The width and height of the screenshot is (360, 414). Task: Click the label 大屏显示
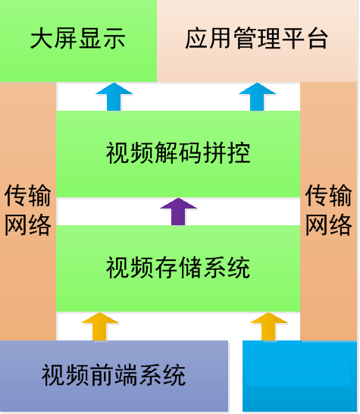[x=78, y=39]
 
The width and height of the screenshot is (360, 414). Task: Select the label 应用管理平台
[x=256, y=39]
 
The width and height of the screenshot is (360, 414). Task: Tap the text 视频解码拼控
[x=178, y=153]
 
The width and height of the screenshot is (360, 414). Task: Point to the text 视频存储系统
[x=178, y=268]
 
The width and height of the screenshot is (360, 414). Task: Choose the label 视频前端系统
[x=114, y=375]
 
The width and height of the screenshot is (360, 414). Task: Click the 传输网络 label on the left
[x=28, y=210]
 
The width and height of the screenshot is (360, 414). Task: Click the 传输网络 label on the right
[x=329, y=210]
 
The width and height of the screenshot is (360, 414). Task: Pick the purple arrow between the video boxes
[x=178, y=212]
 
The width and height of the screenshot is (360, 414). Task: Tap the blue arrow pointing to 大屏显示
[x=114, y=97]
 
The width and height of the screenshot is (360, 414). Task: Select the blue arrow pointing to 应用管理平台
[x=258, y=97]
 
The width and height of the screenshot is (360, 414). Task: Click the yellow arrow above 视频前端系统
[x=100, y=327]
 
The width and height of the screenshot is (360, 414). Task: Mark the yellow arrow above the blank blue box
[x=269, y=327]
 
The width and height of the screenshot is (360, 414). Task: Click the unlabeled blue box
[x=299, y=376]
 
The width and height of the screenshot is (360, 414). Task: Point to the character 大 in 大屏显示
[x=42, y=39]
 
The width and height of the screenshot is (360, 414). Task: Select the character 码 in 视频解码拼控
[x=190, y=153]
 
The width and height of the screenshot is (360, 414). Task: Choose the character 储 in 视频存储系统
[x=190, y=268]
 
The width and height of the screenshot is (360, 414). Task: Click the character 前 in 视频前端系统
[x=102, y=375]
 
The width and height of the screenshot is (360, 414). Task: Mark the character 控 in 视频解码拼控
[x=239, y=153]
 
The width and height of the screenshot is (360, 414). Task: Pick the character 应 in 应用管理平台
[x=196, y=39]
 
